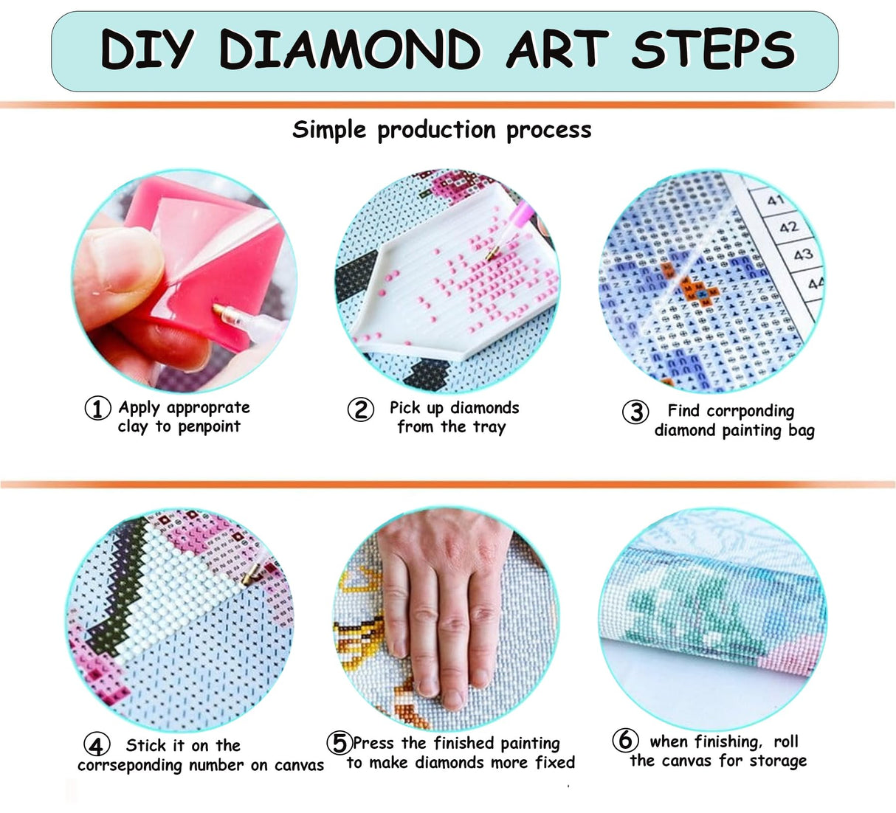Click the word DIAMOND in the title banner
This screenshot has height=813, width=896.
(x=350, y=50)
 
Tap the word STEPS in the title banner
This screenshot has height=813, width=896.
(x=713, y=50)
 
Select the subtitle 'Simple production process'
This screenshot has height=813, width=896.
(x=441, y=131)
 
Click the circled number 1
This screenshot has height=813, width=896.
(x=97, y=408)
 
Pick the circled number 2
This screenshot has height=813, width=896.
(x=361, y=409)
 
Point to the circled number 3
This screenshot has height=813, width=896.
(x=635, y=412)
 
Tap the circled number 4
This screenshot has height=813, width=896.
(x=97, y=745)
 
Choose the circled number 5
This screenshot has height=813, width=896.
(x=340, y=743)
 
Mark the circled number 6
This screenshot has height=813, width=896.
(x=625, y=740)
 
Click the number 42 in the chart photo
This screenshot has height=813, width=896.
(x=788, y=226)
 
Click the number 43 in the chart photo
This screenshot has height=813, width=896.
(x=802, y=255)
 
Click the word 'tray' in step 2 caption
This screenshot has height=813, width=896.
(x=489, y=427)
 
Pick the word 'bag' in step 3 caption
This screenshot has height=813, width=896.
(x=801, y=431)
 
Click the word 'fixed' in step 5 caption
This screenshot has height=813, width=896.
(x=555, y=763)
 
